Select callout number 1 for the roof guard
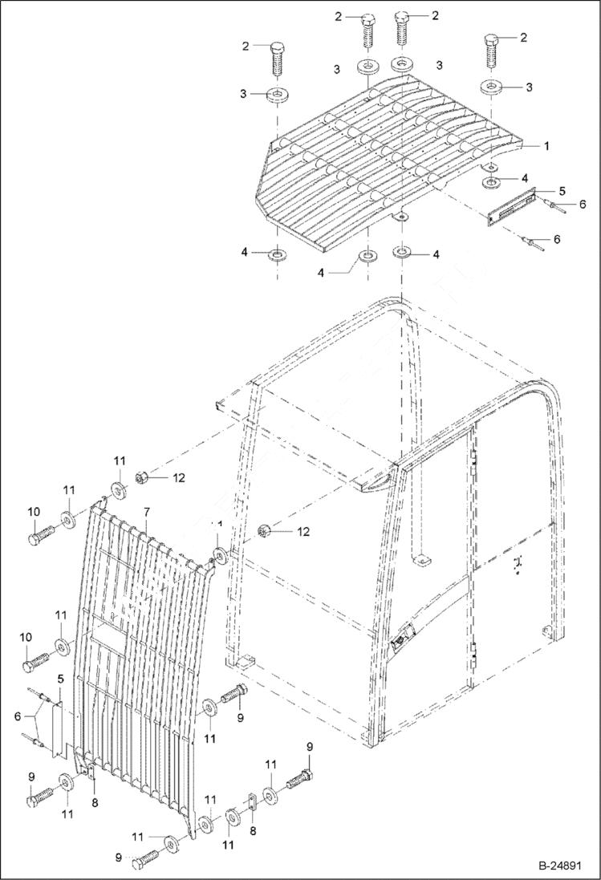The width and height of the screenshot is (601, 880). click(x=546, y=146)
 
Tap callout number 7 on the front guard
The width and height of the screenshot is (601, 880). click(x=147, y=512)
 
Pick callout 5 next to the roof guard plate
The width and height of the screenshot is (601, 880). click(x=562, y=191)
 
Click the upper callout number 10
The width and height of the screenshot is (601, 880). click(x=34, y=511)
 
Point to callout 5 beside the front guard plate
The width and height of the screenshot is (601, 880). click(x=60, y=678)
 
